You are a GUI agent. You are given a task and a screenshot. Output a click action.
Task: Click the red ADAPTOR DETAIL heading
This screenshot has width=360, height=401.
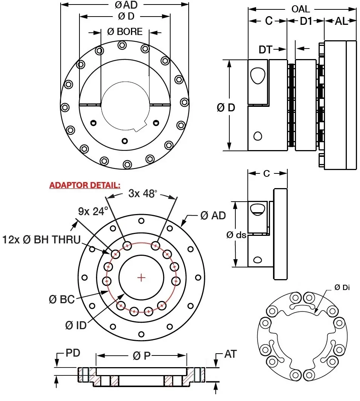(85, 185)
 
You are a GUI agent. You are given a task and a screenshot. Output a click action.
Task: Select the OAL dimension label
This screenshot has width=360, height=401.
(301, 9)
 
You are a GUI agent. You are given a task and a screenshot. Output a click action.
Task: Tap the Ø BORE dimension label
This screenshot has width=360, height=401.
(125, 32)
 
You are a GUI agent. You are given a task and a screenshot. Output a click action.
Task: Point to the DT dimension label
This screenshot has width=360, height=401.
(265, 49)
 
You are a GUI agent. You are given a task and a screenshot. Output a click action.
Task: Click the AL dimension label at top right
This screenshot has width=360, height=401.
(341, 21)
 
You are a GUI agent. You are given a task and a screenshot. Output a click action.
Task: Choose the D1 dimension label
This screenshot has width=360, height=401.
(306, 21)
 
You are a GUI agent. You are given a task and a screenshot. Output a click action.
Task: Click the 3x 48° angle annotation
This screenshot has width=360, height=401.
(143, 194)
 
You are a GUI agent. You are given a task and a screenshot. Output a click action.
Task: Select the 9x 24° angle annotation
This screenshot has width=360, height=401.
(93, 211)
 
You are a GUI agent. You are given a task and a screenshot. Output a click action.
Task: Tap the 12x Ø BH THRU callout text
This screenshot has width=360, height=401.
(41, 239)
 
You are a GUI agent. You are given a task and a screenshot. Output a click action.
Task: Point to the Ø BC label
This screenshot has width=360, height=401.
(62, 299)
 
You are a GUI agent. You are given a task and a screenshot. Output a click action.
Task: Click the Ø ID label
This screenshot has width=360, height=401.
(76, 325)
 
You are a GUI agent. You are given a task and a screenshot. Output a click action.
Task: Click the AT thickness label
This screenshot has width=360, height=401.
(230, 354)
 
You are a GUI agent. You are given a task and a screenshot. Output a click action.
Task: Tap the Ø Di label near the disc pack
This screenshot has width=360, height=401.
(342, 287)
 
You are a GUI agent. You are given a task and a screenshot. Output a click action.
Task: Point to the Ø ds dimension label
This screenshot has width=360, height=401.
(236, 235)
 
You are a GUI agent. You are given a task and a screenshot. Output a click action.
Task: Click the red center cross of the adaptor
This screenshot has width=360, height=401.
(142, 278)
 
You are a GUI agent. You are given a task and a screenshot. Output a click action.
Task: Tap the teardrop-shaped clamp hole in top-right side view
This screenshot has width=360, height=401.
(258, 76)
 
